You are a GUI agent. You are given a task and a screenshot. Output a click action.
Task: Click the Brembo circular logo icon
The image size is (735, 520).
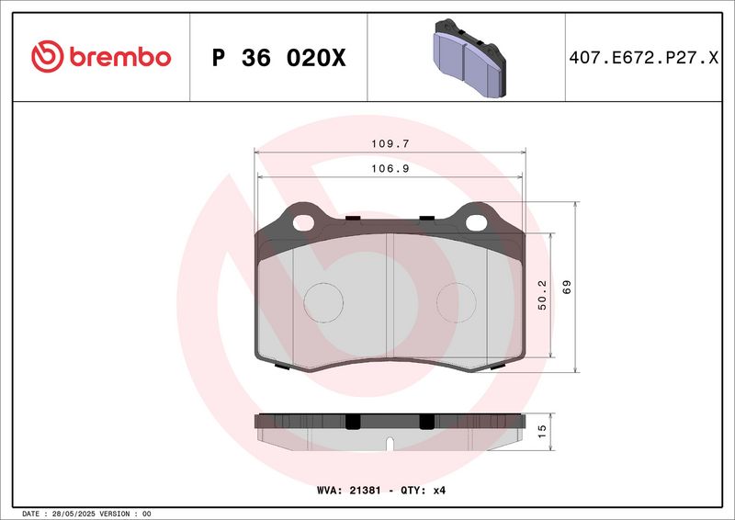45,57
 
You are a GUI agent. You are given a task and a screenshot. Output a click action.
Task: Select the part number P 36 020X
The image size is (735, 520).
278,58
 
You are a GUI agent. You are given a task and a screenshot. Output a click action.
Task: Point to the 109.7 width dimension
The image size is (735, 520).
390,144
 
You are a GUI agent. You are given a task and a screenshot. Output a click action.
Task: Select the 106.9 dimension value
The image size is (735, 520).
390,168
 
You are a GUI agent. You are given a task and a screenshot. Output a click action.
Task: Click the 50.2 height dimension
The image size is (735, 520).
543,296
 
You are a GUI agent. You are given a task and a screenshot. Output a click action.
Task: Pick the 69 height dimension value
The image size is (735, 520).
568,287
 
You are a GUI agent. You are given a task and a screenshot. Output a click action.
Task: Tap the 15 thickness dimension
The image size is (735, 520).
542,429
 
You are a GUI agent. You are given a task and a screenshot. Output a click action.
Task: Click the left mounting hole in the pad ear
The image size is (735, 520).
303,220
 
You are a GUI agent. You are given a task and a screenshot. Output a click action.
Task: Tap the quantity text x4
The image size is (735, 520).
438,491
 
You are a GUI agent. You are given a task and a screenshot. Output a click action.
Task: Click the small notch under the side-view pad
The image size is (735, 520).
390,446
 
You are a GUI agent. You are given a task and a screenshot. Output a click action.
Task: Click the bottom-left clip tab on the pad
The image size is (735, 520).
282,367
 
